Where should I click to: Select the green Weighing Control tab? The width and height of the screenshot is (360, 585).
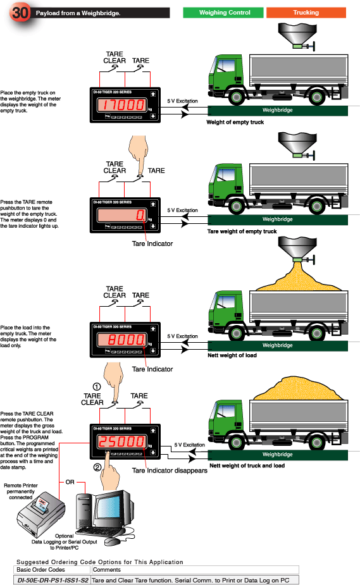224,13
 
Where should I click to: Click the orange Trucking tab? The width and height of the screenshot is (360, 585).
306,13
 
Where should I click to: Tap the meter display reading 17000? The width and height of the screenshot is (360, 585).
121,105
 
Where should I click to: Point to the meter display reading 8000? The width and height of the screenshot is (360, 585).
121,341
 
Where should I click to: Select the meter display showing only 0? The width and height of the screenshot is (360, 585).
121,216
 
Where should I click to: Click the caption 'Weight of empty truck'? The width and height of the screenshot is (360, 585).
235,122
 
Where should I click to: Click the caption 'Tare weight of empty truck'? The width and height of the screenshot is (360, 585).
242,231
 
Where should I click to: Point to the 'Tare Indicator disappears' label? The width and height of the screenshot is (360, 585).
170,470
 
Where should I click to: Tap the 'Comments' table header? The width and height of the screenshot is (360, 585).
107,570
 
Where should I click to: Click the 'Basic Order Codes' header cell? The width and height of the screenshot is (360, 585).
41,570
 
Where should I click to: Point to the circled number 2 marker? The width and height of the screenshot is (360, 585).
97,467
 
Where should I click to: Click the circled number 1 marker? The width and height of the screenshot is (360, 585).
96,386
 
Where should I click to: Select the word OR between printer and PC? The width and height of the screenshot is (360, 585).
70,482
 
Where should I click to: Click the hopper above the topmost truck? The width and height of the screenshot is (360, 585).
295,35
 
